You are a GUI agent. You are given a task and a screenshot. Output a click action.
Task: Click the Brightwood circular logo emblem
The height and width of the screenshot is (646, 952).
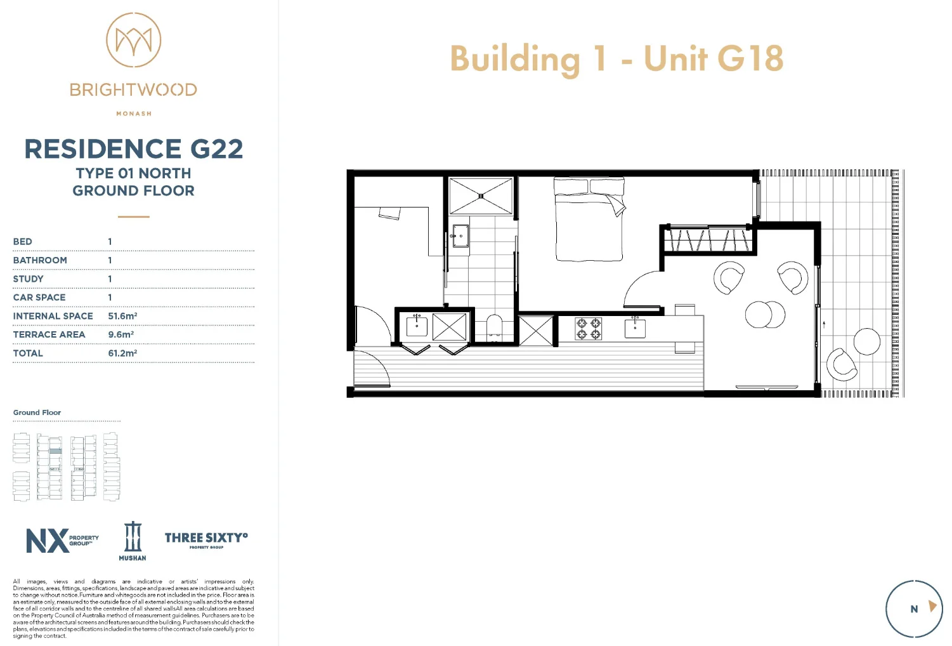tap(133, 40)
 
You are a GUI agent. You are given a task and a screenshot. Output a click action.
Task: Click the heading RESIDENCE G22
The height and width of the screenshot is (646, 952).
tap(133, 149)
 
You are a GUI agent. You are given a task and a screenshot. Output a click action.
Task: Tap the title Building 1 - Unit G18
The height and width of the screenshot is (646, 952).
tap(616, 58)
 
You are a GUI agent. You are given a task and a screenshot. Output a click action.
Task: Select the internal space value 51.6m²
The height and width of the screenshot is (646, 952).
tap(122, 316)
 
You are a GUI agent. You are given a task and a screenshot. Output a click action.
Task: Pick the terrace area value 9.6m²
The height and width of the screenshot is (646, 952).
tap(121, 334)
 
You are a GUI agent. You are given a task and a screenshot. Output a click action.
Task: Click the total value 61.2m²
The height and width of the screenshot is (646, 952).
tap(122, 353)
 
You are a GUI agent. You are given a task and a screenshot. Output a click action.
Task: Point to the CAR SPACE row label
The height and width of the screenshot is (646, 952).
tap(39, 298)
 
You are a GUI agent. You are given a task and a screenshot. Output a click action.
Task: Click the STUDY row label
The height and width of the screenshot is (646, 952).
tap(29, 279)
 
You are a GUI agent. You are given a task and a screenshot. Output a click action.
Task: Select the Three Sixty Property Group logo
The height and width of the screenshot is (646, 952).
tap(206, 539)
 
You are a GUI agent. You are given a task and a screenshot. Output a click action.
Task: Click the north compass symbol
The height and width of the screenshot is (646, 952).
tap(914, 609)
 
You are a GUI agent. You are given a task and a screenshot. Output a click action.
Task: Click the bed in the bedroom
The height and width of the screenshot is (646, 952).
tap(589, 220)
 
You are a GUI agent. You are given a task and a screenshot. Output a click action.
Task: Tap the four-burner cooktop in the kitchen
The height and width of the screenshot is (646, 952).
tap(588, 329)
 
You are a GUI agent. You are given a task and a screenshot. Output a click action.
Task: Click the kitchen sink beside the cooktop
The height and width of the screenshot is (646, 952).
tap(635, 328)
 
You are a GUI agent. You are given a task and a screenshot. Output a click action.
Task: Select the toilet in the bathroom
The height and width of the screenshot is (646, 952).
tap(494, 328)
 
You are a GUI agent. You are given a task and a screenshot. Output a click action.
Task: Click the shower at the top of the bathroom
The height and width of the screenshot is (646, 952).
tap(481, 196)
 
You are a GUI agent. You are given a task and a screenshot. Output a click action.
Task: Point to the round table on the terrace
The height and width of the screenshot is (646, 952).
tap(866, 342)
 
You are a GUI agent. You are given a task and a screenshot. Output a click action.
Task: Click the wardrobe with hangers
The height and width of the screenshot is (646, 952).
tap(708, 240)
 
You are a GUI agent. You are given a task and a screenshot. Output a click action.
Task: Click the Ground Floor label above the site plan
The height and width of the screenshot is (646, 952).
tap(37, 412)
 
